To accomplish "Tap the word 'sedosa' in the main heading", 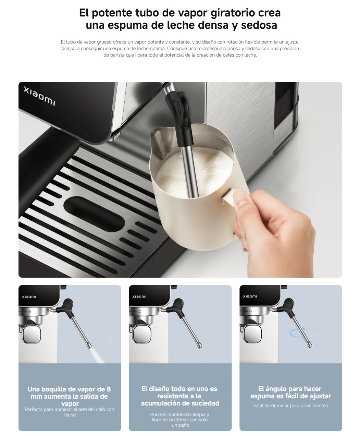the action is [259, 25].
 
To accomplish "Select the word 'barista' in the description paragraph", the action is [117, 55].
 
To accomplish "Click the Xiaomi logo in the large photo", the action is [39, 96].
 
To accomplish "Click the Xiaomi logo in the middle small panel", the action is [139, 296].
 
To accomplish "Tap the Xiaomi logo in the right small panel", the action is [250, 296].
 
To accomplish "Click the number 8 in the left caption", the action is [109, 389].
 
